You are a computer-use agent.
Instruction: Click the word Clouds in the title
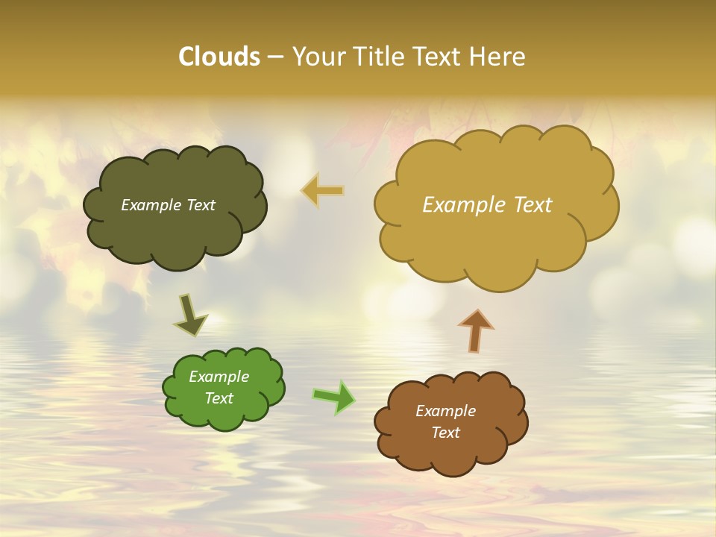(x=219, y=57)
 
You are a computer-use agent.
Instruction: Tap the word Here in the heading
(x=498, y=57)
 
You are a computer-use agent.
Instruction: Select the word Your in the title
(x=321, y=57)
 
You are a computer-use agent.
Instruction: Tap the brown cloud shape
(x=451, y=455)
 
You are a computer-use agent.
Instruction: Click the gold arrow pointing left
(x=323, y=190)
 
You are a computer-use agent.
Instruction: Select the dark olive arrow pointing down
(x=189, y=316)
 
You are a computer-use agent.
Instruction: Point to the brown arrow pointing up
(x=476, y=330)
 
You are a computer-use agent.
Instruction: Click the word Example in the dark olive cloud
(x=151, y=205)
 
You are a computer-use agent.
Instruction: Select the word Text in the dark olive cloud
(x=201, y=205)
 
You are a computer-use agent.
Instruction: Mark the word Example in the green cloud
(x=219, y=377)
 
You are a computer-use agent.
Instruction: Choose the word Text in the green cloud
(x=219, y=398)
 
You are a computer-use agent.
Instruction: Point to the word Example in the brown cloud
(x=446, y=411)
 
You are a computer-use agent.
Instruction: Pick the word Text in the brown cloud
(x=446, y=433)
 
